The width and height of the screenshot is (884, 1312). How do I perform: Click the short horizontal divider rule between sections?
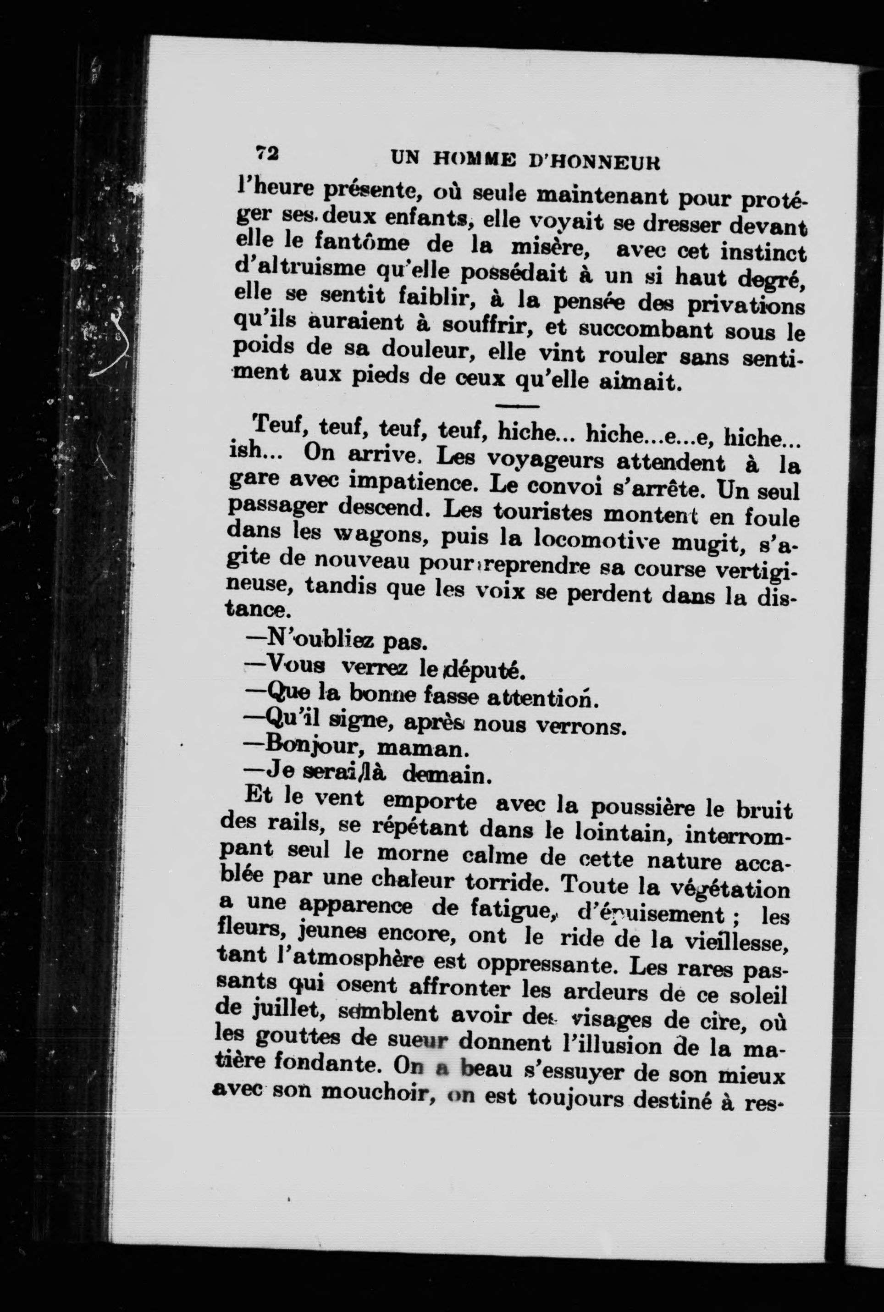[516, 406]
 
